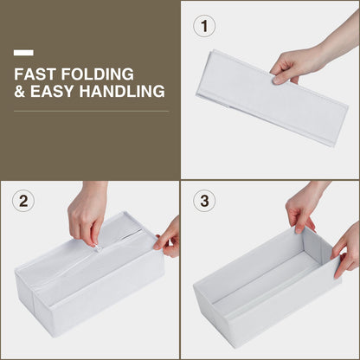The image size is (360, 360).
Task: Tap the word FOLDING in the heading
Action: tap(98, 74)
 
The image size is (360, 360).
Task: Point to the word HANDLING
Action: tap(122, 91)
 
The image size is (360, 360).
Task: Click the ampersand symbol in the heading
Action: tap(20, 91)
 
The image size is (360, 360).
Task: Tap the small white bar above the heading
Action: tap(23, 53)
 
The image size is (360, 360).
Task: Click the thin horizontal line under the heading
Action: tap(92, 111)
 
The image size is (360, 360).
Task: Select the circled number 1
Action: tap(204, 26)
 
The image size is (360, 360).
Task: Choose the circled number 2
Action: tap(23, 201)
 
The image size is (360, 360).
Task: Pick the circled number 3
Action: tap(204, 200)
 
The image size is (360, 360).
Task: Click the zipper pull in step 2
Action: tap(99, 248)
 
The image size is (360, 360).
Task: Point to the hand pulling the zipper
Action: tap(87, 214)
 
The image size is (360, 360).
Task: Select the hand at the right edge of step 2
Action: tap(169, 238)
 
